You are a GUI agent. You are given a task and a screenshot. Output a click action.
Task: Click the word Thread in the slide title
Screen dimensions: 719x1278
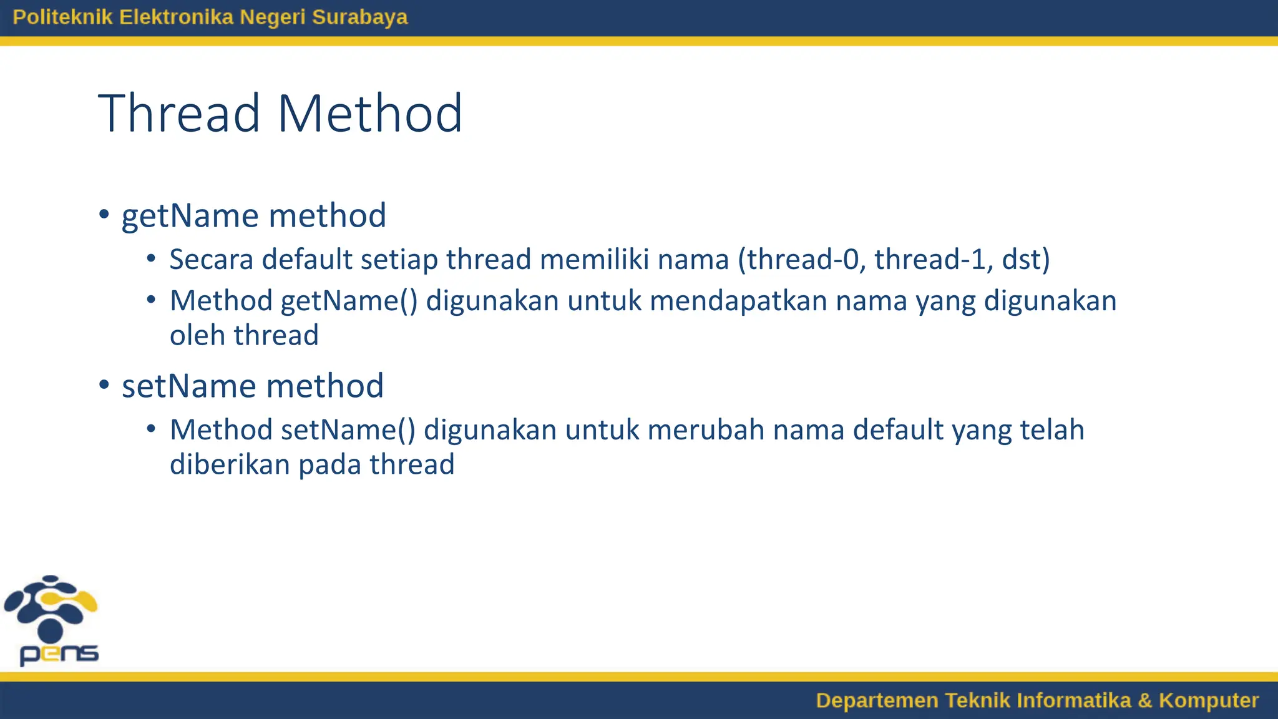pos(178,114)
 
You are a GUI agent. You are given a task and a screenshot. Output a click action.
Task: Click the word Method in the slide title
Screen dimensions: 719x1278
pos(369,114)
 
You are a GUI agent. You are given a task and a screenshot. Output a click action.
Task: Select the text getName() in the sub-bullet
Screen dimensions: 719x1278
pos(349,301)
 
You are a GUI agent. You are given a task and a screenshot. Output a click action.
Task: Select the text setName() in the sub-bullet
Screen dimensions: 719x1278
pos(348,431)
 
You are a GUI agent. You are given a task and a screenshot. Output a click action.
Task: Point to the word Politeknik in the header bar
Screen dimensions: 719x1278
pos(62,17)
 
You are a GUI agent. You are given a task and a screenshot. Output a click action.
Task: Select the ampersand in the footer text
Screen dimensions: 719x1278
pos(1144,700)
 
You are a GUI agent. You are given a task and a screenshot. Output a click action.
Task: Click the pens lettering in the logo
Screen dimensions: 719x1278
pos(59,654)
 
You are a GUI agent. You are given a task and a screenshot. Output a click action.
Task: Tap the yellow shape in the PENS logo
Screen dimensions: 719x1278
pos(81,600)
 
